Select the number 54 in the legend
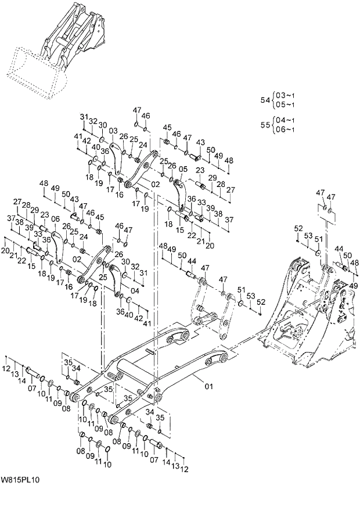pyautogui.click(x=265, y=100)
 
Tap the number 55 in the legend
pyautogui.click(x=265, y=124)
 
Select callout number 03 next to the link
pyautogui.click(x=113, y=131)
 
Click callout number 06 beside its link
pyautogui.click(x=56, y=219)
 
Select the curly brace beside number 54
pyautogui.click(x=273, y=100)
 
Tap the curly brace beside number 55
pyautogui.click(x=273, y=124)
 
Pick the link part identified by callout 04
pyautogui.click(x=114, y=279)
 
